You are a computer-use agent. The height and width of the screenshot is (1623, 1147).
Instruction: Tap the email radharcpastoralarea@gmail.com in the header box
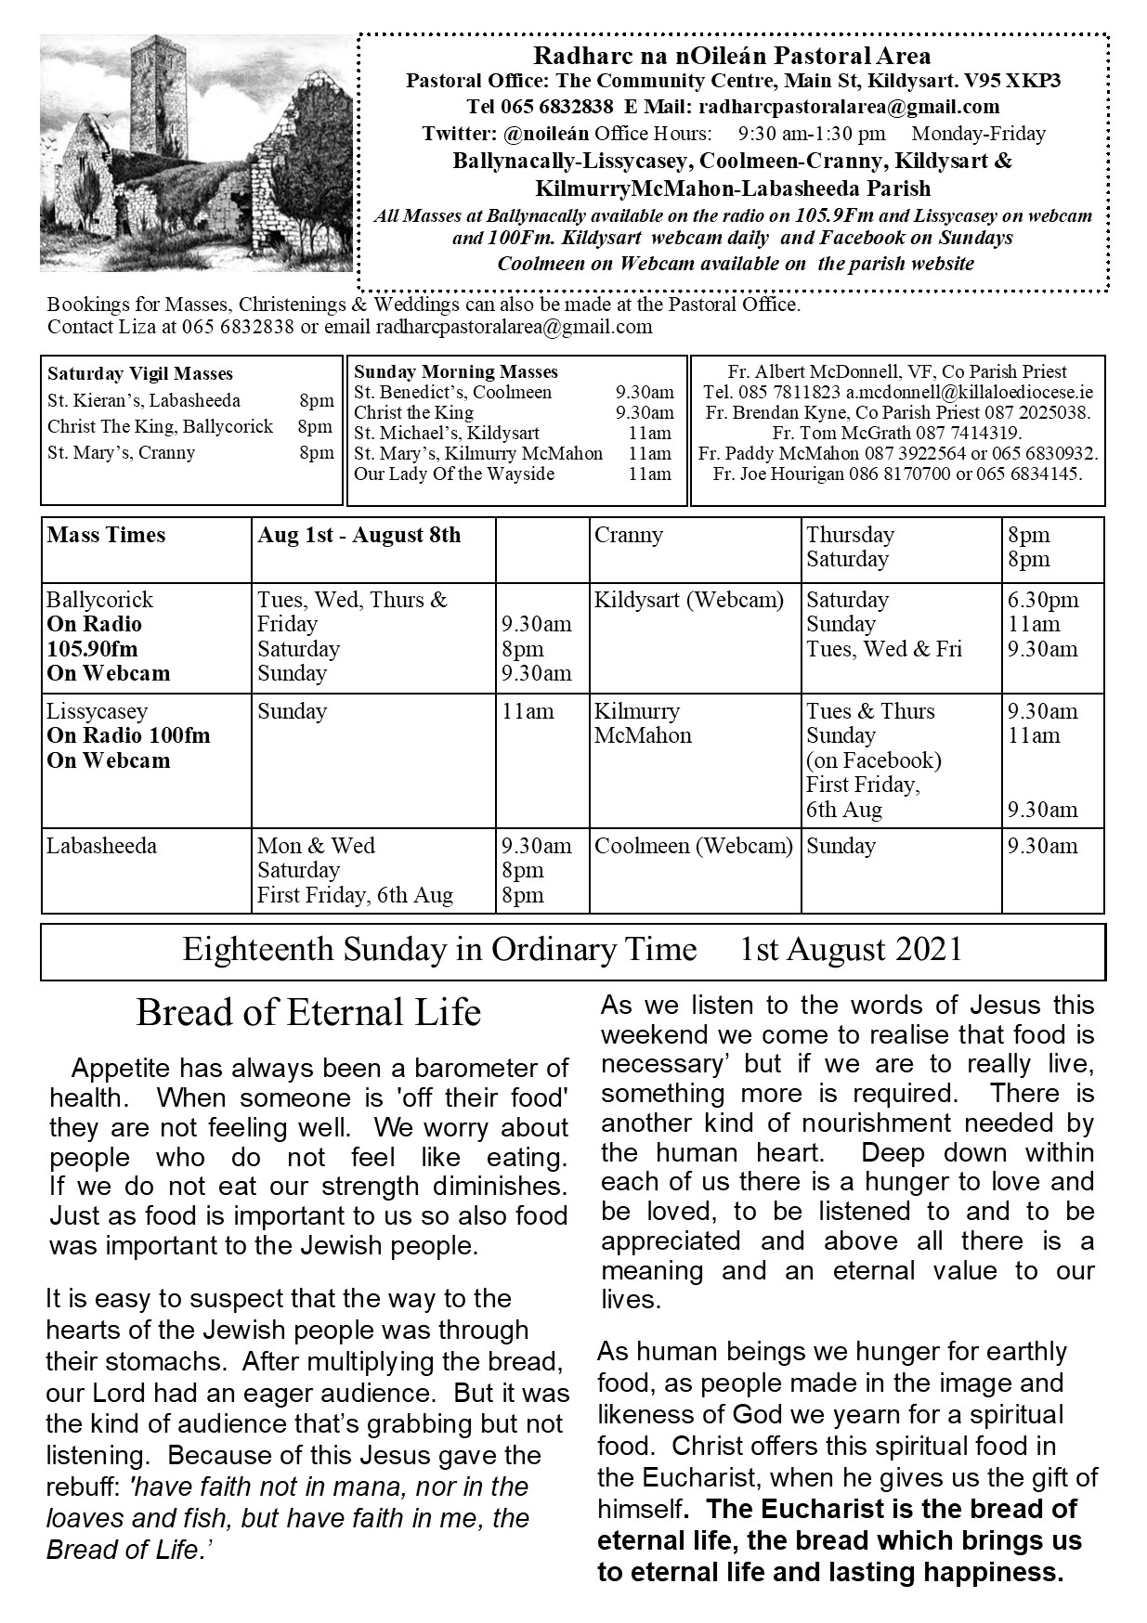click(x=848, y=107)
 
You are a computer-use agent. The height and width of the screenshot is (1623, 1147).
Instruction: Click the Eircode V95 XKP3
click(x=1021, y=81)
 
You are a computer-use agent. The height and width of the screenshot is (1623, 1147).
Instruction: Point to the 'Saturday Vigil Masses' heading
click(x=140, y=374)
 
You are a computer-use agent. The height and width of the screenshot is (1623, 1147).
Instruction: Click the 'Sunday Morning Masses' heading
click(x=456, y=372)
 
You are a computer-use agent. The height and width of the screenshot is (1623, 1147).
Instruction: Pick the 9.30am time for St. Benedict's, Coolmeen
click(x=645, y=392)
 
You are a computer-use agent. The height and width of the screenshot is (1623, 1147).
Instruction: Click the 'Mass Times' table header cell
click(x=107, y=536)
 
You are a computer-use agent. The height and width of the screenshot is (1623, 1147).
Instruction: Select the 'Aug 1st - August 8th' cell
click(x=359, y=536)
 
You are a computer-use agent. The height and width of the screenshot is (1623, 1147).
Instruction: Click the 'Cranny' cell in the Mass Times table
click(x=629, y=536)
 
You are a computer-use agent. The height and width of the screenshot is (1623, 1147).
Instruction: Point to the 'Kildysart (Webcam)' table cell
click(x=689, y=600)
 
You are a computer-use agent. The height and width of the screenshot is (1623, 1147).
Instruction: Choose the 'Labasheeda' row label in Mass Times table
click(x=102, y=847)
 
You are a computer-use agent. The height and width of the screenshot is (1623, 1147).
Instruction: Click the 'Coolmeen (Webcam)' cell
click(x=694, y=847)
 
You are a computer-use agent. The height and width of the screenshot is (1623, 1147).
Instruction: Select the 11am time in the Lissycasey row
click(x=528, y=712)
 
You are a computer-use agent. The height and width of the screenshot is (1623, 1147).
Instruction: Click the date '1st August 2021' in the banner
click(x=851, y=950)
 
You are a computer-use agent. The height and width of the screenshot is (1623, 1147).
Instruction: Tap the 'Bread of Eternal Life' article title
click(x=308, y=1013)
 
